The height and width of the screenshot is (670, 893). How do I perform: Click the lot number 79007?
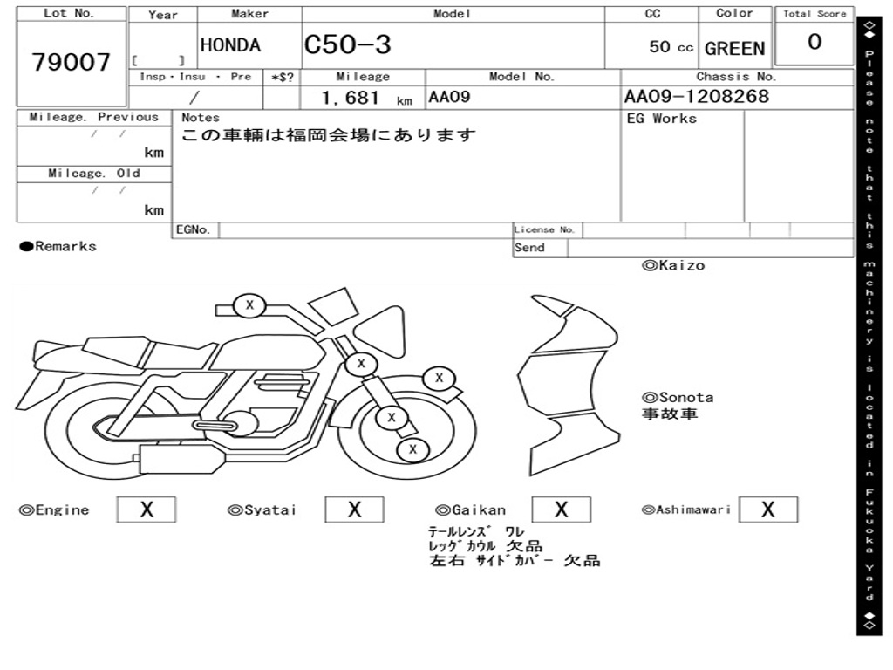click(71, 62)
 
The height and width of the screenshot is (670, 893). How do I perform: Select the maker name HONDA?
click(230, 45)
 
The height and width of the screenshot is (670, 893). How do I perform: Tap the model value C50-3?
click(347, 44)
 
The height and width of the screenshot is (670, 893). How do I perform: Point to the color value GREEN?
click(734, 49)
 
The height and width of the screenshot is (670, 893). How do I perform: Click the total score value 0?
click(815, 42)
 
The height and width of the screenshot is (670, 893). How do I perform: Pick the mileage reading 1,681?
click(351, 98)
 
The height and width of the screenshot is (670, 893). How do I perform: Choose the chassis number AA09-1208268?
click(697, 96)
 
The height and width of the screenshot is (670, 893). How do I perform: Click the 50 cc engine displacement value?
click(671, 47)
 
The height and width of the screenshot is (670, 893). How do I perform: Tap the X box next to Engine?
click(147, 509)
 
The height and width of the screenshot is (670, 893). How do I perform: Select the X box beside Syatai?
click(354, 509)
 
